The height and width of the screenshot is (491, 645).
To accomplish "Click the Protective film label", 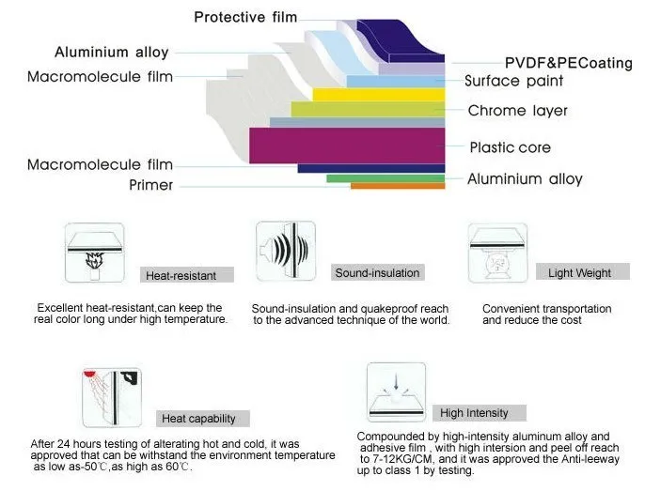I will [245, 17].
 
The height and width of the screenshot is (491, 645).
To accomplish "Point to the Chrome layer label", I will [518, 111].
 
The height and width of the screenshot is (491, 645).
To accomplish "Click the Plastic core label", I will [510, 147].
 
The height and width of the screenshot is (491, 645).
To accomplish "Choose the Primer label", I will [150, 185].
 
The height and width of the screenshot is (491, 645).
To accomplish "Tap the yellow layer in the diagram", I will [377, 94].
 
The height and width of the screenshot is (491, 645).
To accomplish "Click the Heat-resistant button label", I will [181, 275].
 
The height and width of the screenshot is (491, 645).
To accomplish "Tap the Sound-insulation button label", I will [377, 272].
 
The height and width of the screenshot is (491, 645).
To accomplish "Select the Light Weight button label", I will [579, 273].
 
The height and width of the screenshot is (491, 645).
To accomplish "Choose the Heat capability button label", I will [197, 418].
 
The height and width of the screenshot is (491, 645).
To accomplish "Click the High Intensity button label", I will [474, 412].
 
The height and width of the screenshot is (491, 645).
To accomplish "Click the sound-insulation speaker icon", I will [285, 251].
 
